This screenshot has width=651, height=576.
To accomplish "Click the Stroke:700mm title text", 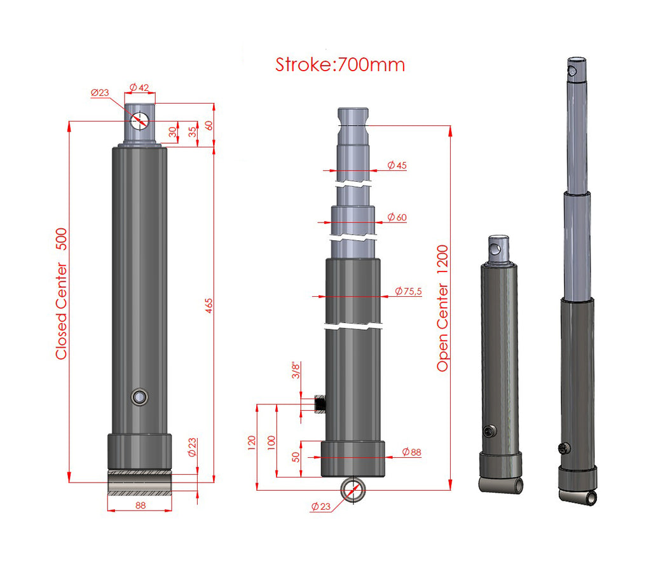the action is click(x=340, y=65).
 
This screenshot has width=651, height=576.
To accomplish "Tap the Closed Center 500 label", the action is click(x=61, y=294).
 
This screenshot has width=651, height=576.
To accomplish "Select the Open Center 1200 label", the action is click(x=442, y=308).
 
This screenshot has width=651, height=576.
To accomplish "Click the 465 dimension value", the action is click(x=209, y=305).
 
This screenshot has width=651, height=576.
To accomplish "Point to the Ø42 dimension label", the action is click(x=139, y=88).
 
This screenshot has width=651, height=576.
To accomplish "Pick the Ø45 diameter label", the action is click(x=397, y=165).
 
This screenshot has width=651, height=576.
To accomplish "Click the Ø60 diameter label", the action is click(x=397, y=217).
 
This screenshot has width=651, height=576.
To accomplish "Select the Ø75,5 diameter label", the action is click(x=408, y=291).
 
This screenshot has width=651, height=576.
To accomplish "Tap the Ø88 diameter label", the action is click(x=411, y=452).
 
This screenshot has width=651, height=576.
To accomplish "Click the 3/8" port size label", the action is click(x=296, y=370).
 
